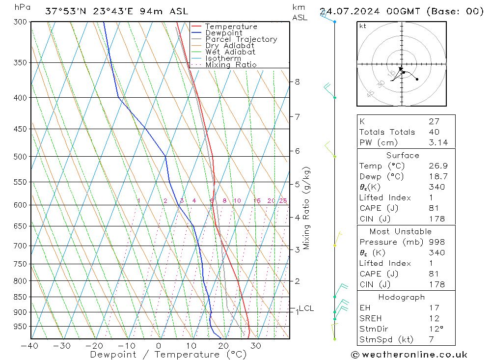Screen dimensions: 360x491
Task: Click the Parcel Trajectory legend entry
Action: (x=241, y=39)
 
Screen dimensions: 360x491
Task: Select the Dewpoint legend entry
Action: (x=224, y=33)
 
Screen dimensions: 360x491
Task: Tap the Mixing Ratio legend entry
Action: (x=231, y=64)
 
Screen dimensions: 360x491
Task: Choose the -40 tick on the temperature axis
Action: (x=30, y=346)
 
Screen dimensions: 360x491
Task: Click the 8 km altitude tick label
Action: (x=298, y=82)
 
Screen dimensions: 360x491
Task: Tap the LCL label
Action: (x=306, y=308)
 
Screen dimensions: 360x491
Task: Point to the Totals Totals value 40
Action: (x=434, y=132)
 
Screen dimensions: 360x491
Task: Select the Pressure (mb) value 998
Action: (x=436, y=242)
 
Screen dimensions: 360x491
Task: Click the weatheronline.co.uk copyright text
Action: (x=409, y=355)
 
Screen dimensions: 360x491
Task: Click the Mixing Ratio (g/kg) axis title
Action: (x=306, y=208)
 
